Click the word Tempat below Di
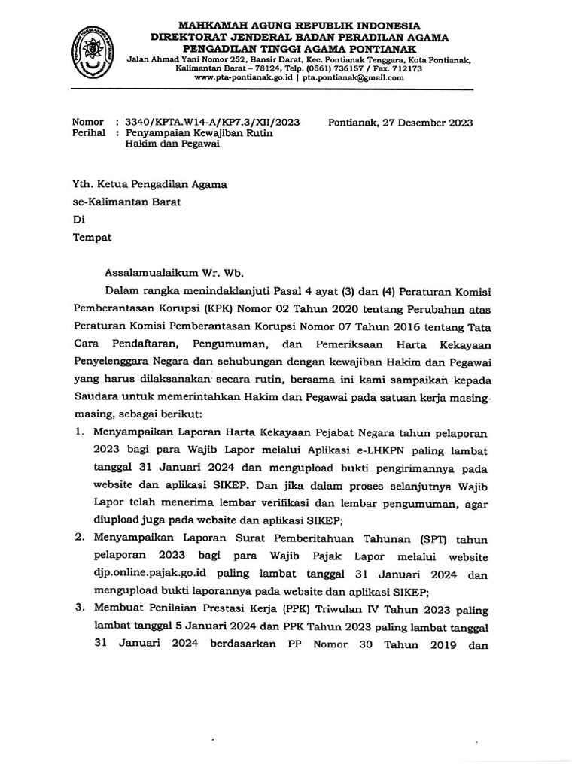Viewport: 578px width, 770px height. [91, 238]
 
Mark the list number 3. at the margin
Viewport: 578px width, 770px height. [78, 608]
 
